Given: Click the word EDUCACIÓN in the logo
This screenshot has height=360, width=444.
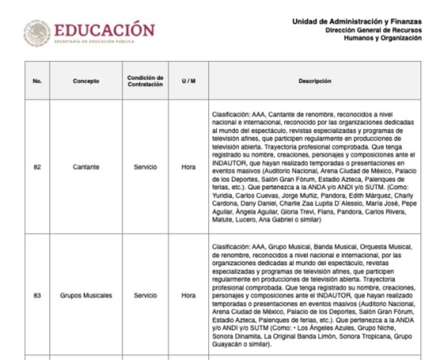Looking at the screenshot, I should [105, 30].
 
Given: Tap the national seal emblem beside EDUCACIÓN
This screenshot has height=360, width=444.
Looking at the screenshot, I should [37, 33].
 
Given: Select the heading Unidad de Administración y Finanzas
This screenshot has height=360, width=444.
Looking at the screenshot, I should [356, 22].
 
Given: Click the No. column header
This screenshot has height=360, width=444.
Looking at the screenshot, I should [37, 81].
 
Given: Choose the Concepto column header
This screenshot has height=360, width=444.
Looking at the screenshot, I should [86, 81].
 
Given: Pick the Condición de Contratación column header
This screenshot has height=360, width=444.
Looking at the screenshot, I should [145, 81].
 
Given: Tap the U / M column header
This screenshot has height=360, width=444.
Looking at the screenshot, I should [188, 81].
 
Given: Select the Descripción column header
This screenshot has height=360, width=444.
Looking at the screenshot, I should [314, 81].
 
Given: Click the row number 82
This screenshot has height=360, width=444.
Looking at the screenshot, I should [37, 167].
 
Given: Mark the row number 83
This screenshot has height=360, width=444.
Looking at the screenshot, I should [37, 296].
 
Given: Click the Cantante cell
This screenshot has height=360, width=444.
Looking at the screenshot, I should [86, 167].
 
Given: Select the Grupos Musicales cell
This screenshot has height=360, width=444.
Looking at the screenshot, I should [86, 296].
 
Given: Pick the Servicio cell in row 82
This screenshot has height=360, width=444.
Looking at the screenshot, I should [145, 167].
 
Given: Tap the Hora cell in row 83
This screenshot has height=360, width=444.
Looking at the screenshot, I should [188, 296].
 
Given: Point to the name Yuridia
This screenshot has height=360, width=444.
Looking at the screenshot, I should [224, 196].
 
